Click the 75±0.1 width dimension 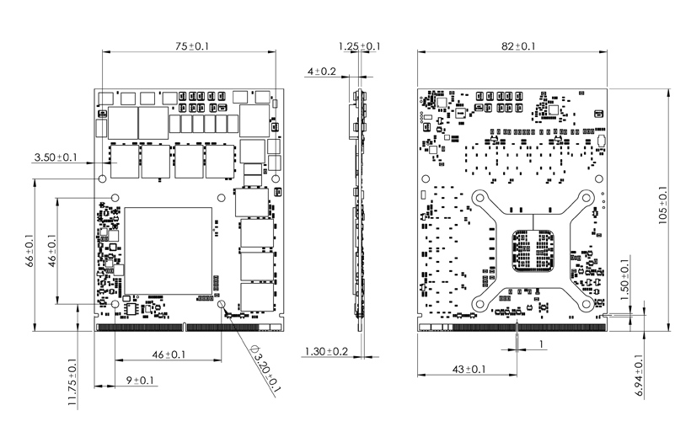tap(191, 46)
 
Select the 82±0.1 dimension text tap(518, 46)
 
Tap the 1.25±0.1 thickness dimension tap(359, 46)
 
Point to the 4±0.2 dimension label tap(321, 72)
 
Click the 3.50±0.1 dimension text tap(56, 157)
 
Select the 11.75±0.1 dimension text tap(72, 382)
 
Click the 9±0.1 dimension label tap(140, 380)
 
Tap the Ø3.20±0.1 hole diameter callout tap(265, 369)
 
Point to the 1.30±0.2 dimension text tap(327, 351)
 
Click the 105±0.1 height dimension tap(663, 205)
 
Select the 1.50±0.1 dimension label tap(625, 280)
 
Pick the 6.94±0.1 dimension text tap(640, 376)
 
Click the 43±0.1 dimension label tap(469, 369)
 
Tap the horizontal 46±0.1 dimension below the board tap(169, 354)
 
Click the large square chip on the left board tap(168, 251)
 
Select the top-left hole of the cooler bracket tap(480, 197)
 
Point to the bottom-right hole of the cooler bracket tap(587, 303)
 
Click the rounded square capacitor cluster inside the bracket tap(533, 251)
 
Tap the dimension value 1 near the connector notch tap(541, 344)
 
